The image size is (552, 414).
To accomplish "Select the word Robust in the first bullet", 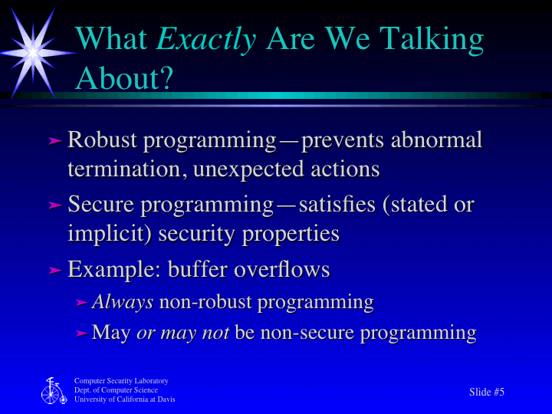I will point(103,141).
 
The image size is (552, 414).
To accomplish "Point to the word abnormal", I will point(437,141).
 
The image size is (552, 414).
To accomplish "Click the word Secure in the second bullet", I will point(101,205).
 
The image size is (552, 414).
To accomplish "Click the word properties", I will point(291,233).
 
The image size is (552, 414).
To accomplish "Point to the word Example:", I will point(114,270).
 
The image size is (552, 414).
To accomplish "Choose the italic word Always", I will point(123,302).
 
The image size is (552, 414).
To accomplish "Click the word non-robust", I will point(205,302).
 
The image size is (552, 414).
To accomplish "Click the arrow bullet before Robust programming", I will point(54,141).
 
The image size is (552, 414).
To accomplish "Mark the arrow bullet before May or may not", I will point(82,333).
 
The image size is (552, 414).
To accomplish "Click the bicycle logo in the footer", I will point(53,391).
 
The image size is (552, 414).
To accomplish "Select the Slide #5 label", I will point(486,392).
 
